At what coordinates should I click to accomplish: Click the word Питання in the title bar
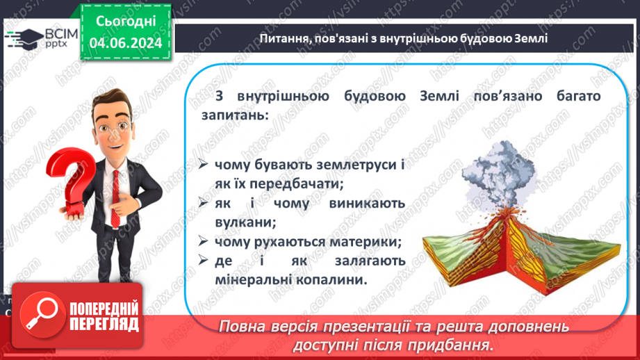280,38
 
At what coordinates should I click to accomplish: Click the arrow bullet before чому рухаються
202,242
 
